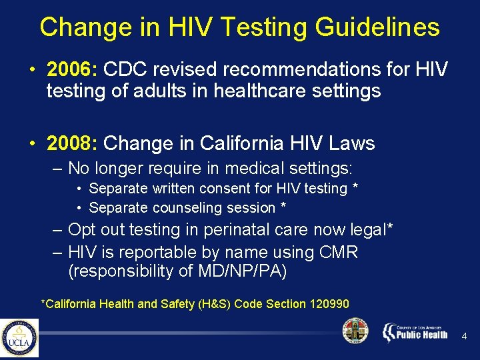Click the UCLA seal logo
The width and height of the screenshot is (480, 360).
tap(19, 337)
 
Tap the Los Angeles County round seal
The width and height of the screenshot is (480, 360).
tap(355, 331)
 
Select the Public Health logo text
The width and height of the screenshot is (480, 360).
tap(422, 335)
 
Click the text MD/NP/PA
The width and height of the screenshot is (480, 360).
tap(243, 271)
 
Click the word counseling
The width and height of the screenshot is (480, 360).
tap(175, 208)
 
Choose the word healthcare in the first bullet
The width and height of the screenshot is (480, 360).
tap(251, 91)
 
